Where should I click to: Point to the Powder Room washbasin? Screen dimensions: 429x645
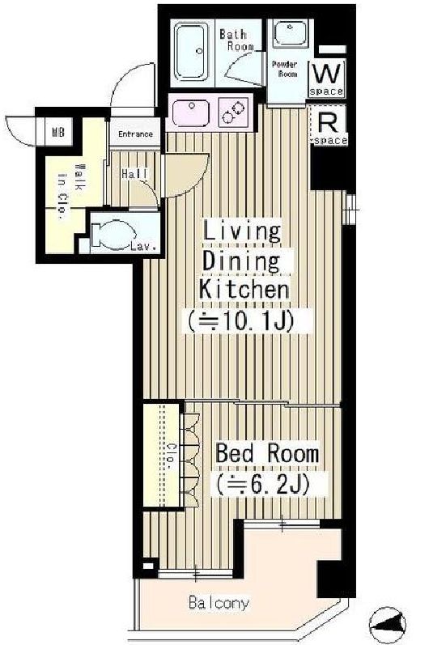pyautogui.click(x=290, y=33)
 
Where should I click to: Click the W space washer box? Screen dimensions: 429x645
pyautogui.click(x=327, y=79)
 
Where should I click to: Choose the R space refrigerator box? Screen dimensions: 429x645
pyautogui.click(x=329, y=125)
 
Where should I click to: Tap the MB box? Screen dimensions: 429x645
pyautogui.click(x=58, y=132)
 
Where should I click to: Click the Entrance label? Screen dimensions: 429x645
pyautogui.click(x=135, y=134)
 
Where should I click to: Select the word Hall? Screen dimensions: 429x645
pyautogui.click(x=134, y=174)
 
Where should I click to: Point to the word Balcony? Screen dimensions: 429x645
pyautogui.click(x=219, y=603)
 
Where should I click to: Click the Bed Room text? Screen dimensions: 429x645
pyautogui.click(x=267, y=454)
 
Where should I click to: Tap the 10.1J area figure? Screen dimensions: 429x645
pyautogui.click(x=240, y=321)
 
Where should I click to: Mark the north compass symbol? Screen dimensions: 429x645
pyautogui.click(x=388, y=626)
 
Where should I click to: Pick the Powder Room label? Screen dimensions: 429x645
pyautogui.click(x=287, y=69)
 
